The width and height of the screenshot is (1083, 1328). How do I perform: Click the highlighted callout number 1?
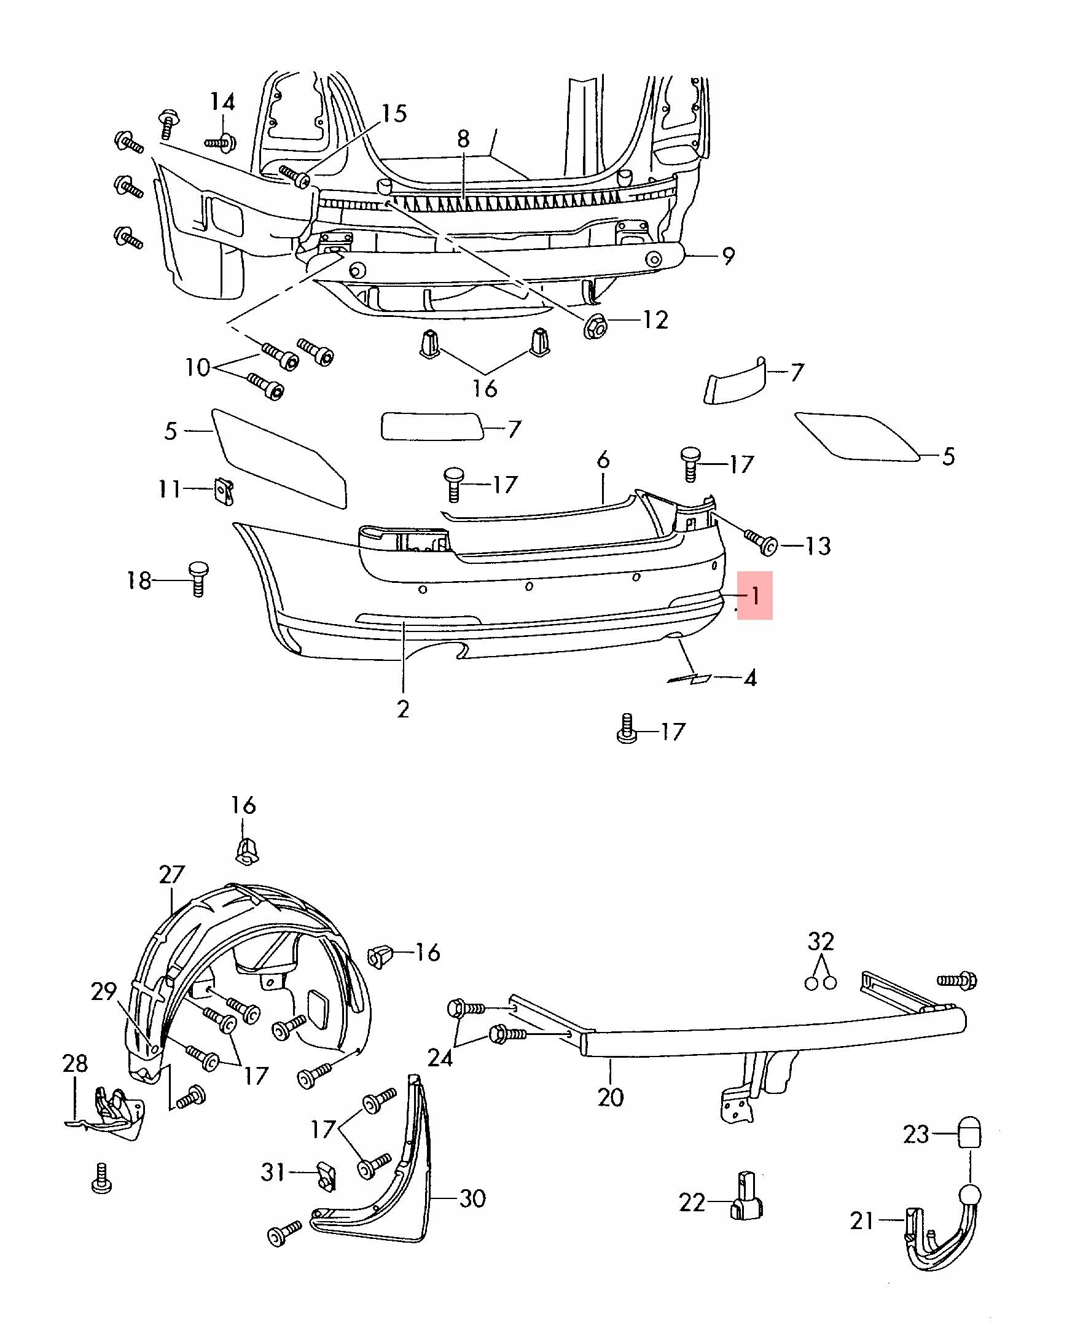coord(756,596)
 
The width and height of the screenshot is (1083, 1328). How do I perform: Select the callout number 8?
coord(463,139)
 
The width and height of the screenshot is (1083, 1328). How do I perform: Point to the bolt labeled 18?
coord(197,578)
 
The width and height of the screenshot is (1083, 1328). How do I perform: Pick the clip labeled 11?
coord(224,491)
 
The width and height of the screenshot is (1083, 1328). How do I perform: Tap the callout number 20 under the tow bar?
coord(610,1097)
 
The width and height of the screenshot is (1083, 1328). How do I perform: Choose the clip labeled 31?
coord(325,1174)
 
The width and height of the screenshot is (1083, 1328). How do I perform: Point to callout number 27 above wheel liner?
coord(171,874)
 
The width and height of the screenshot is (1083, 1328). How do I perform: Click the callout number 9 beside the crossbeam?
coord(728,256)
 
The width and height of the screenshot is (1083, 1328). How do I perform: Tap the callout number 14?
coord(222,101)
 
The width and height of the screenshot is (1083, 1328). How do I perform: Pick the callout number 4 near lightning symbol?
coord(751,678)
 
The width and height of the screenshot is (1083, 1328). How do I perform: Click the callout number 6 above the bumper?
coord(603,460)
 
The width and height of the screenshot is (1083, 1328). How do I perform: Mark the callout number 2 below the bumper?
coord(403,709)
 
